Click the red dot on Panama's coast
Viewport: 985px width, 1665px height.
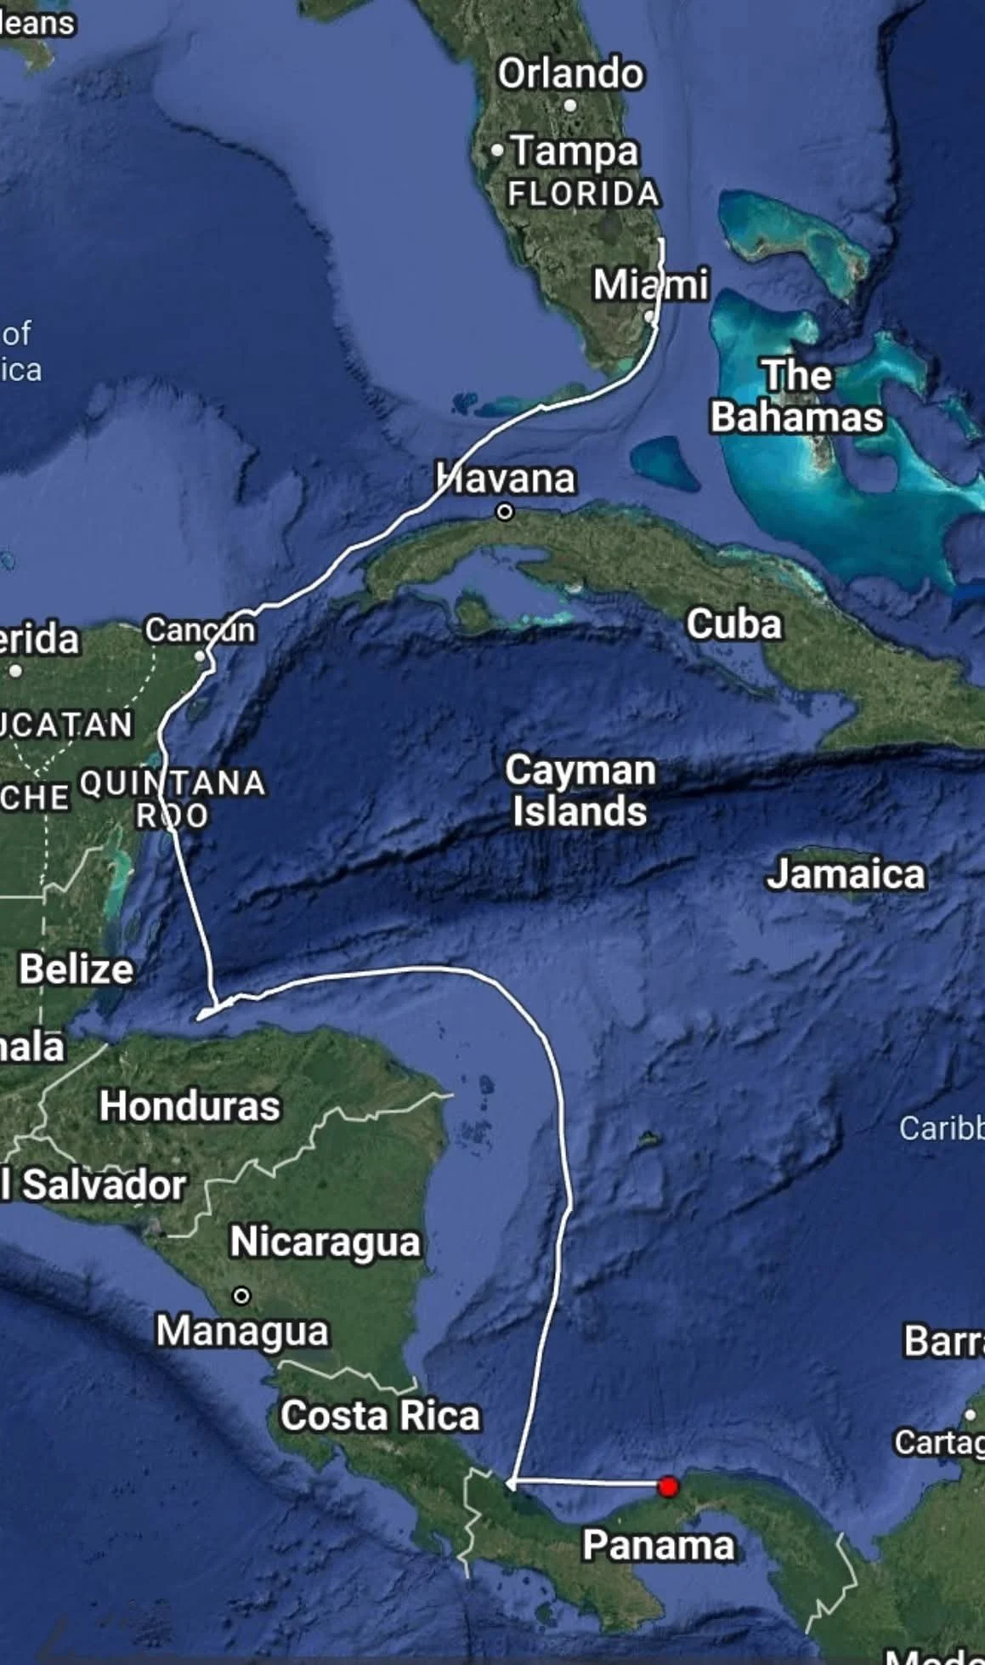(669, 1486)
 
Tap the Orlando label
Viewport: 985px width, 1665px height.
(570, 74)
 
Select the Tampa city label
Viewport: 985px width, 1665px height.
(575, 151)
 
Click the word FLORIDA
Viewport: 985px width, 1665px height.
(584, 194)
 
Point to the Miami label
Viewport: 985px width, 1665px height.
(650, 284)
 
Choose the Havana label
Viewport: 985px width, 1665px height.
(506, 478)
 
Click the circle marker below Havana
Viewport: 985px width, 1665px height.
(505, 512)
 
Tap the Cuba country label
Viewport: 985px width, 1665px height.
(734, 623)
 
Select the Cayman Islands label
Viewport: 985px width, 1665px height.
(580, 790)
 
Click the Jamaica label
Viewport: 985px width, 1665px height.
(846, 874)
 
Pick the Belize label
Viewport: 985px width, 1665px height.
(76, 969)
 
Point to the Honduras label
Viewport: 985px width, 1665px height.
(190, 1105)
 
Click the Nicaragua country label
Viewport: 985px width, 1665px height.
(326, 1242)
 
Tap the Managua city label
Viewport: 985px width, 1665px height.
(242, 1330)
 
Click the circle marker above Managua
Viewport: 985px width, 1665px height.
(241, 1296)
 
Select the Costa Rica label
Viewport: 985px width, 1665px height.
(380, 1416)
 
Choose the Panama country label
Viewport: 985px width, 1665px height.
(659, 1544)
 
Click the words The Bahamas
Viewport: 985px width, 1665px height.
(796, 396)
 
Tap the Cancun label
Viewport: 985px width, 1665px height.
(200, 630)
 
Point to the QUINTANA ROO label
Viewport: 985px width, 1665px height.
(173, 798)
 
